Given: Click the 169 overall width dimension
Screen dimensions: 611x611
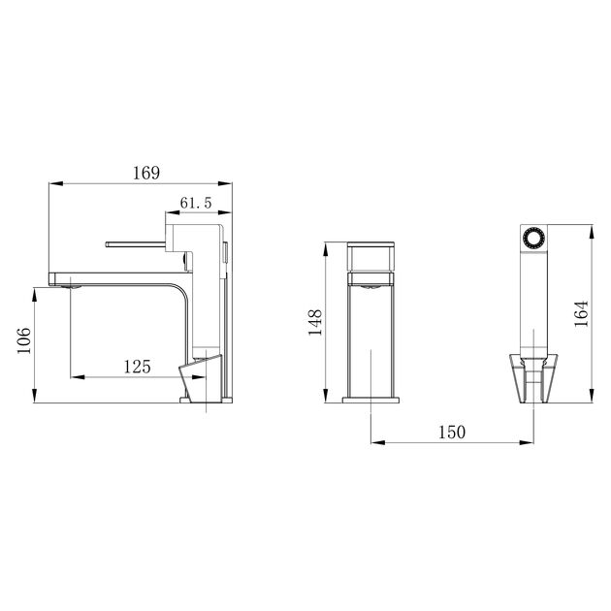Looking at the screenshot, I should coord(145,174).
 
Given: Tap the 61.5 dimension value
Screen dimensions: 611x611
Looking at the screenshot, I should coord(196,203).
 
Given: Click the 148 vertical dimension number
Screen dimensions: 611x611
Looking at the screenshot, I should coord(315,322).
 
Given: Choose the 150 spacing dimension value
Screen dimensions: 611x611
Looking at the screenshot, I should coord(452,432).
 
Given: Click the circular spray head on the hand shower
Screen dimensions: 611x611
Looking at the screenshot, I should coord(531,239).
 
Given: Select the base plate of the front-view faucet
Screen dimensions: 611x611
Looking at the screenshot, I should coord(371,399).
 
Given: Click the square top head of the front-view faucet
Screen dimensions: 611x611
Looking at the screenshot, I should coord(371,256).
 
